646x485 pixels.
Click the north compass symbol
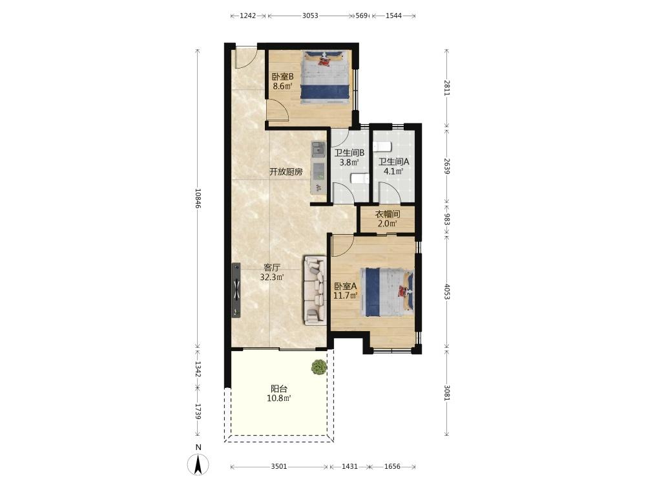pyautogui.click(x=198, y=464)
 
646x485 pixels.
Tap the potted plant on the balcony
pyautogui.click(x=319, y=367)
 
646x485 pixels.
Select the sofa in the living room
pyautogui.click(x=315, y=290)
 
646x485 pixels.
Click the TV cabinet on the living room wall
pyautogui.click(x=236, y=290)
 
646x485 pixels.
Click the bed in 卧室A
pyautogui.click(x=387, y=292)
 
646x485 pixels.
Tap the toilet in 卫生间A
pyautogui.click(x=382, y=146)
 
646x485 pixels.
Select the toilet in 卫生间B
pyautogui.click(x=359, y=178)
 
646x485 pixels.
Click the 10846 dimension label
pyautogui.click(x=198, y=199)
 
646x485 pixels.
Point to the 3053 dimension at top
pyautogui.click(x=310, y=16)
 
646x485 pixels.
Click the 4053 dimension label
pyautogui.click(x=447, y=291)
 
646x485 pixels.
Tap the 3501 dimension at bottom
pyautogui.click(x=279, y=466)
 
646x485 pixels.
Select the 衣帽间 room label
pyautogui.click(x=387, y=214)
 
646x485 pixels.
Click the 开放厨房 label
pyautogui.click(x=286, y=172)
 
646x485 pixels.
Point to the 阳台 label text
pyautogui.click(x=279, y=389)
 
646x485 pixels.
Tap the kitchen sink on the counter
pyautogui.click(x=318, y=149)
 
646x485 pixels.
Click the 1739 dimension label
pyautogui.click(x=198, y=411)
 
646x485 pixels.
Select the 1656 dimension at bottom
pyautogui.click(x=392, y=466)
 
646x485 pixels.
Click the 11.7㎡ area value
pyautogui.click(x=345, y=296)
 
